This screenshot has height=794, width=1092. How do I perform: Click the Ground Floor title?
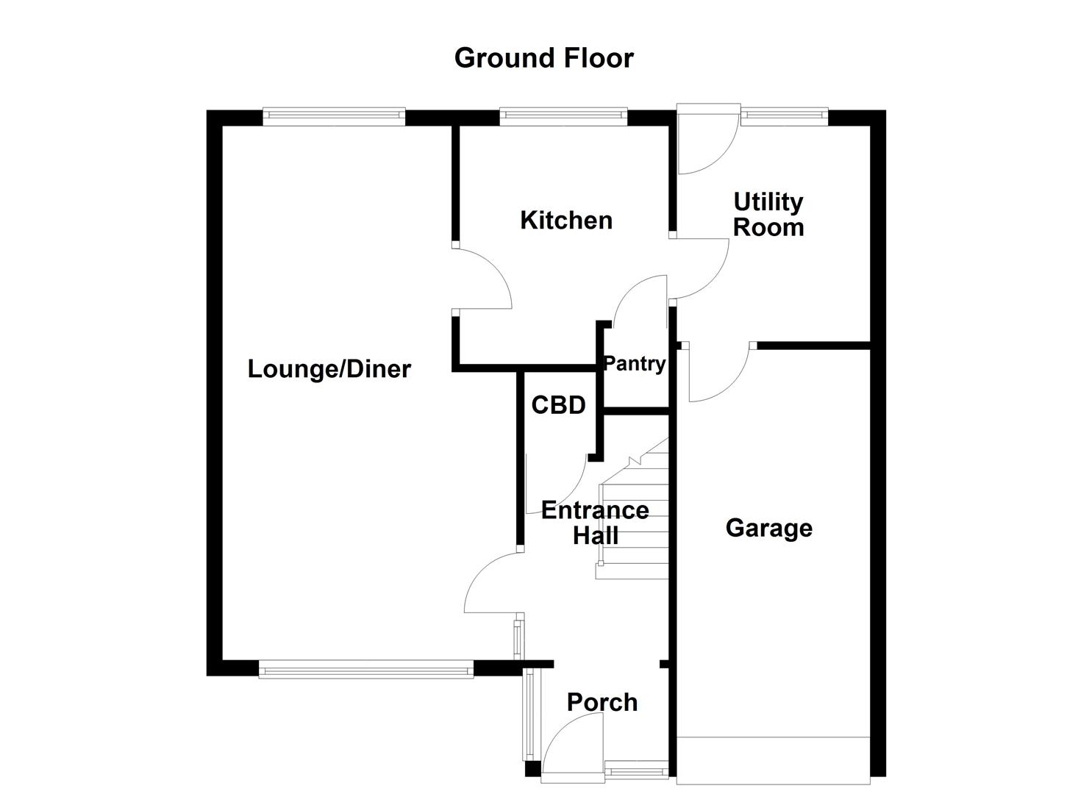[x=543, y=58]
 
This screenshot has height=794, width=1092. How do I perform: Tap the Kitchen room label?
[x=565, y=220]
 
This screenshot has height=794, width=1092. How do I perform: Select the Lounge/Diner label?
[x=329, y=368]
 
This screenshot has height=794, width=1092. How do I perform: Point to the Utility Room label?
[x=768, y=214]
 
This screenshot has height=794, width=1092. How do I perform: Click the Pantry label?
[x=634, y=363]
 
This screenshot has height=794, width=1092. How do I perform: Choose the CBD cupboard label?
[x=558, y=404]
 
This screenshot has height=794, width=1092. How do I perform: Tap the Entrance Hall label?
[x=595, y=522]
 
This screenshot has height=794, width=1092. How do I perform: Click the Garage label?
[x=768, y=528]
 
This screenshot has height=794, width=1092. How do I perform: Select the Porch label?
[x=602, y=702]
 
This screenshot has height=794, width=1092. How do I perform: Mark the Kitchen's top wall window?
[x=563, y=115]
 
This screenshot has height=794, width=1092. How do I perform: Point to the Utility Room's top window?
[x=783, y=115]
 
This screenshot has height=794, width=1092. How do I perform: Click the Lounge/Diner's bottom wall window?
[x=365, y=668]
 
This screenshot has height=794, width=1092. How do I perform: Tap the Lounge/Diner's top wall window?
[x=334, y=115]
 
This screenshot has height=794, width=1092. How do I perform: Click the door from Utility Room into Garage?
[x=717, y=375]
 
